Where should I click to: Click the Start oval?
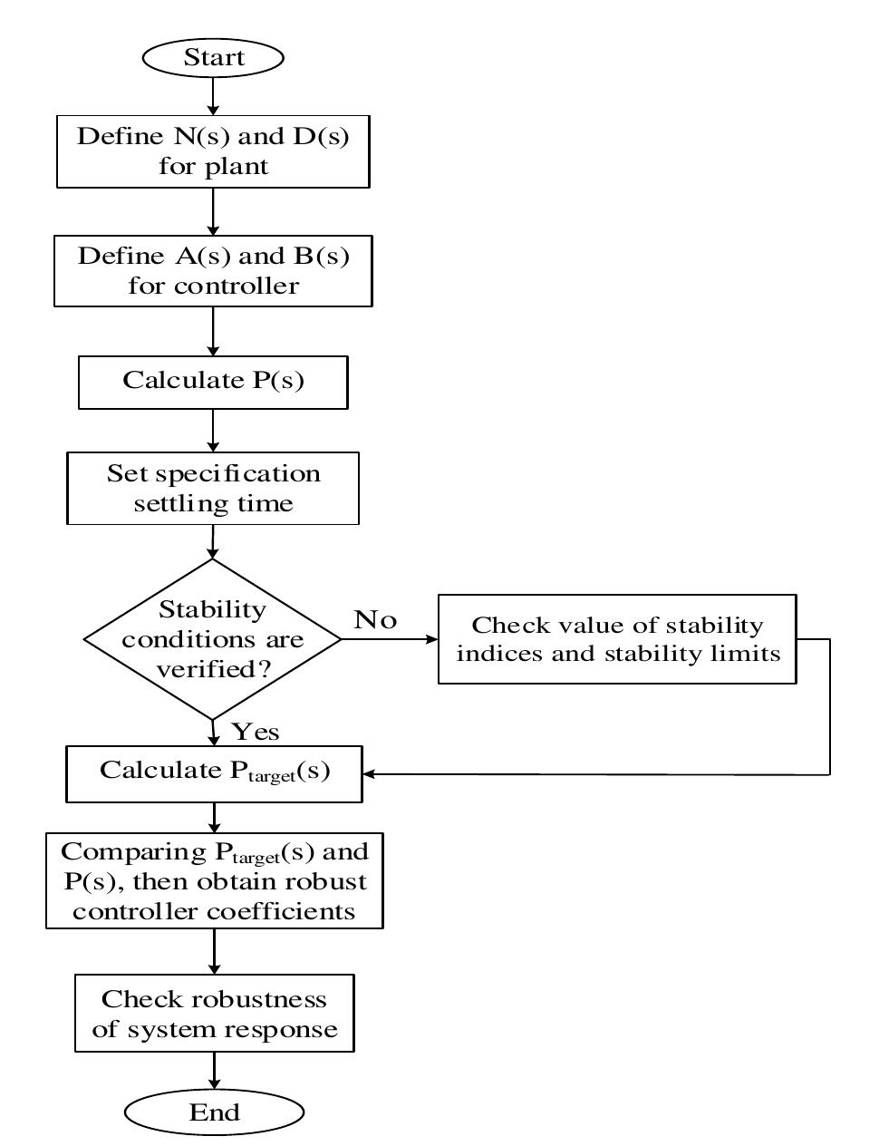[x=213, y=58]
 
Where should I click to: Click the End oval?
[x=214, y=1112]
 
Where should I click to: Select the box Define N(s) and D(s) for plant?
[x=213, y=151]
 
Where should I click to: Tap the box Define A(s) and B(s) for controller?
[x=213, y=271]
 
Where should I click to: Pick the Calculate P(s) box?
[x=213, y=381]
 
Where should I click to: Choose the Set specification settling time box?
[x=213, y=488]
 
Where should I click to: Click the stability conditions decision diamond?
[x=213, y=639]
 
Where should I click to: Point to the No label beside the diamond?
[x=375, y=620]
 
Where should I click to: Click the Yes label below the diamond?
[x=255, y=731]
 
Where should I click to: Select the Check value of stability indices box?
[x=617, y=639]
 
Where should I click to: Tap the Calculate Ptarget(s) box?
[x=214, y=772]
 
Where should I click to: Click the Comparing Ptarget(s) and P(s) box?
[x=214, y=880]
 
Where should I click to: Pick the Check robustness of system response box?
[x=214, y=1014]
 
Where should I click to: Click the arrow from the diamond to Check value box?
[x=390, y=639]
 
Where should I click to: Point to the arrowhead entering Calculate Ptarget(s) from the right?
[x=370, y=774]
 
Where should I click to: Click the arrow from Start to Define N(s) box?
[x=213, y=95]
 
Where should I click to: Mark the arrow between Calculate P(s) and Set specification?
[x=213, y=431]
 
